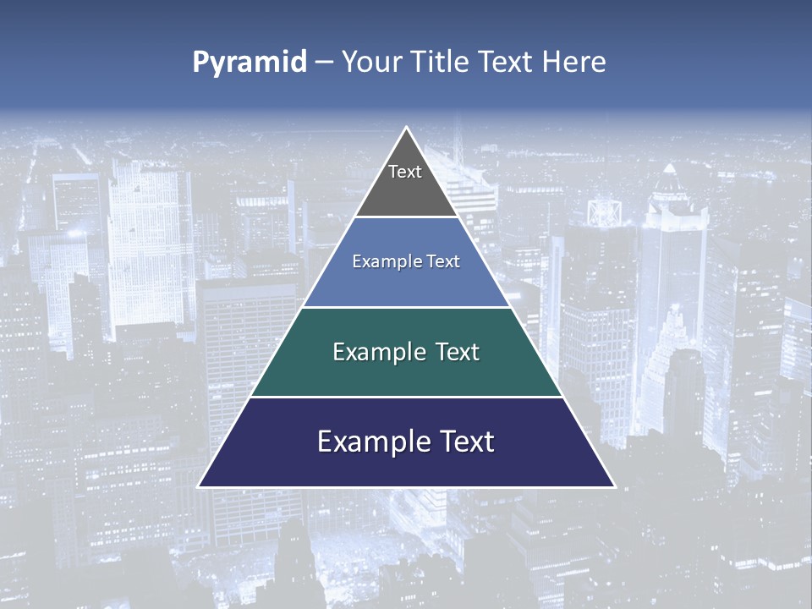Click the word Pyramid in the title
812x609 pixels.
point(249,63)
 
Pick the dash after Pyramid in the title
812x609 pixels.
point(324,63)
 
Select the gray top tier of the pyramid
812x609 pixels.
point(406,190)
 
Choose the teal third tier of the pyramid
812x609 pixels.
point(406,372)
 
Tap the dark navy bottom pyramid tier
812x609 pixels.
point(406,465)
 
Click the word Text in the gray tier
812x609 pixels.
point(405,172)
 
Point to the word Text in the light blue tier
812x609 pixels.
point(443,261)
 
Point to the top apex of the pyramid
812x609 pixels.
point(406,128)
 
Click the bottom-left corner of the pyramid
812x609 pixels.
point(199,486)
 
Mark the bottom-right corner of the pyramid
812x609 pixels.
point(614,486)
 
